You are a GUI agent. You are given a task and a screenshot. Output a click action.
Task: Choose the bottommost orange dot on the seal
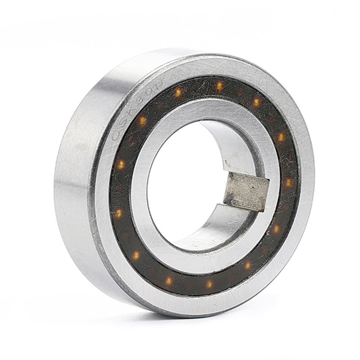209,284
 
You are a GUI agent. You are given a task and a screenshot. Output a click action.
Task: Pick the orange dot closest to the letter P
178,92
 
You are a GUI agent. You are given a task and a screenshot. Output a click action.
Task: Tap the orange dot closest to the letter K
142,121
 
